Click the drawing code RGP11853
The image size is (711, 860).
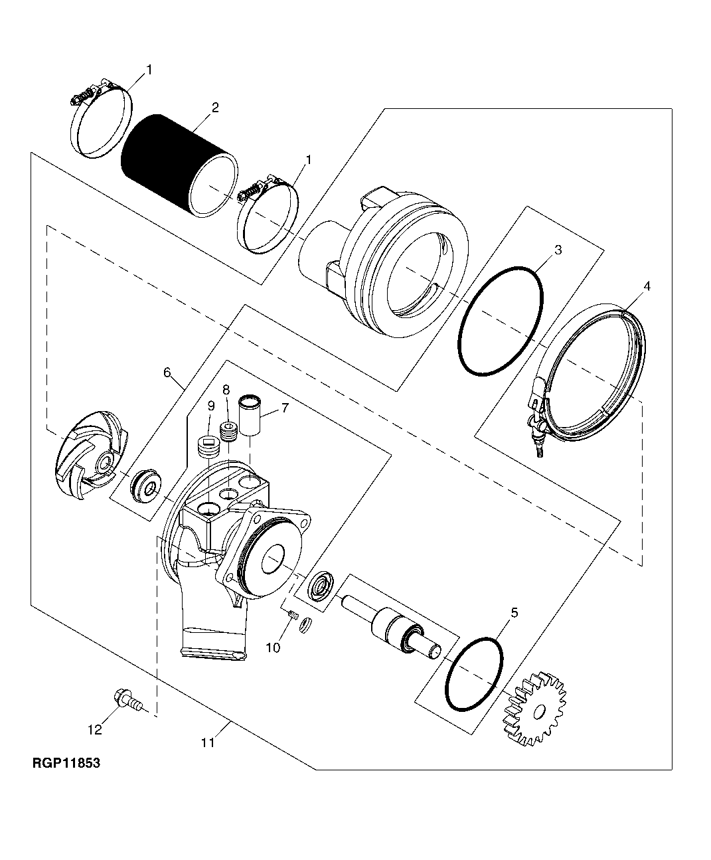[x=66, y=764]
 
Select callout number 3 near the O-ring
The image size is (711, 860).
[x=558, y=250]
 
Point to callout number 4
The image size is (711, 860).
[x=647, y=286]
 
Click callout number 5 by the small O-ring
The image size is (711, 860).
[x=514, y=613]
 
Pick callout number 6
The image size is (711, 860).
[x=167, y=373]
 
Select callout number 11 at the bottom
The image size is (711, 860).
[x=208, y=743]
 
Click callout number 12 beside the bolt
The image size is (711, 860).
[x=95, y=730]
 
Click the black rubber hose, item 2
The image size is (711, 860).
[x=166, y=166]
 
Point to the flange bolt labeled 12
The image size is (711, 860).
[x=125, y=699]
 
